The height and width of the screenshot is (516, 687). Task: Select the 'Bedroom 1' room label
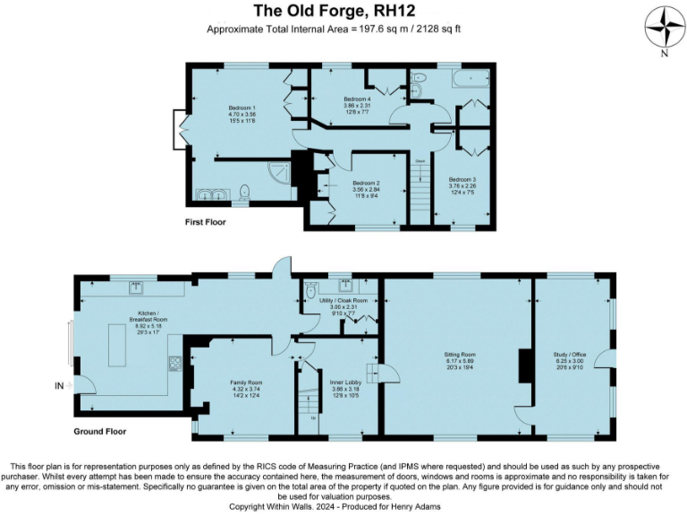[x=242, y=107]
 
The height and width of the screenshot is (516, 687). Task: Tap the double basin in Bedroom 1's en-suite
[x=210, y=193]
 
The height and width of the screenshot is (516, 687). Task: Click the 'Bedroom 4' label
[x=356, y=99]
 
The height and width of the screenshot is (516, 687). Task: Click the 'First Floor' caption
[x=206, y=221]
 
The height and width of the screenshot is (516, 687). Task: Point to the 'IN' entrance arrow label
[x=60, y=385]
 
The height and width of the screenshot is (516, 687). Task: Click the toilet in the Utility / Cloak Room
[x=310, y=291]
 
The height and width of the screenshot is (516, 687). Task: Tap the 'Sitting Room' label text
[x=459, y=355]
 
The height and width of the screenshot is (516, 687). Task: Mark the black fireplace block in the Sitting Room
[x=522, y=365]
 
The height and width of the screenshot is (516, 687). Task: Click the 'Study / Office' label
[x=572, y=355]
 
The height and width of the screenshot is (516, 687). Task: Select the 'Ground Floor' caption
[x=100, y=432]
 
